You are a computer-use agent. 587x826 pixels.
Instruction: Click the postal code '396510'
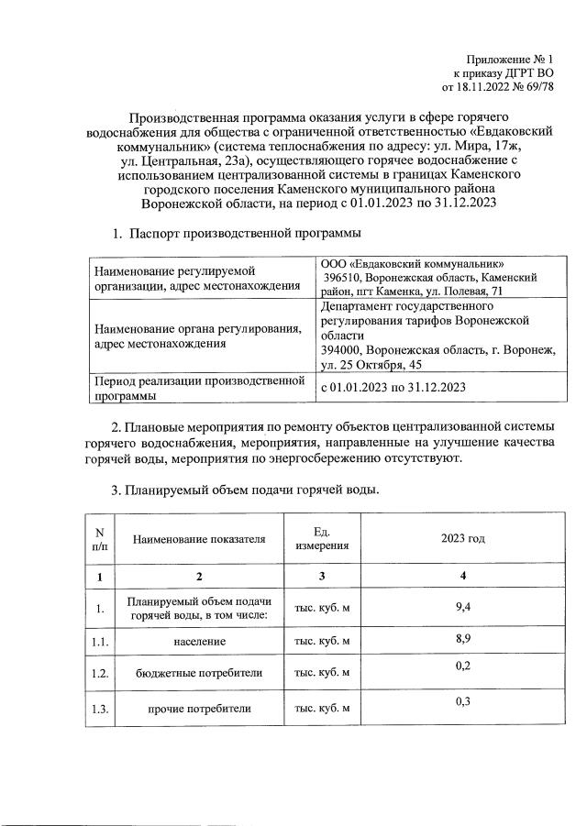click(343, 277)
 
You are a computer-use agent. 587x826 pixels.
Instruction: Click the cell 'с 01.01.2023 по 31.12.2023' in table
click(393, 387)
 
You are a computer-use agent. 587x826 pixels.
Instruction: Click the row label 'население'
click(199, 643)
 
